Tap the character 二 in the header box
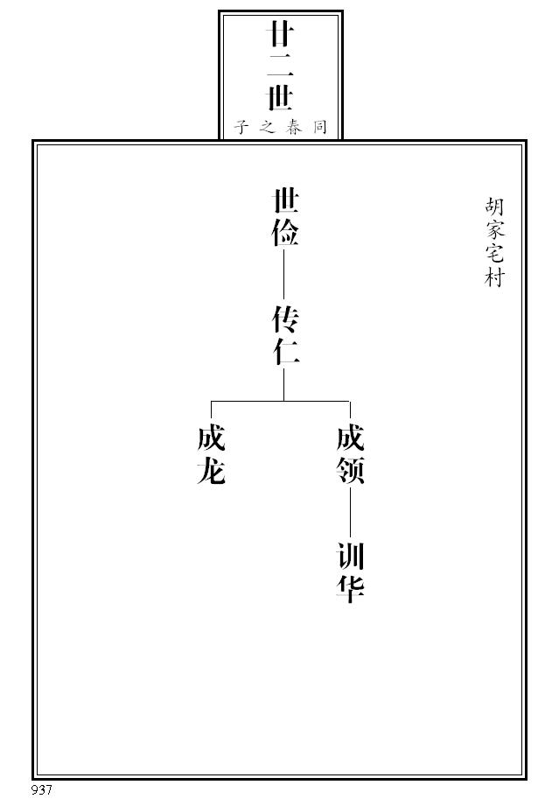(280, 66)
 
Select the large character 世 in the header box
(280, 96)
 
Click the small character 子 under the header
(241, 127)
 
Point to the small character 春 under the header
(294, 127)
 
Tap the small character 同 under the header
(320, 127)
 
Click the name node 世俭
(285, 219)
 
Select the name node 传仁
(285, 335)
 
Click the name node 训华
(350, 573)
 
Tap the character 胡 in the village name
(494, 208)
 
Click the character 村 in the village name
(494, 278)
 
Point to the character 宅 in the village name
(494, 256)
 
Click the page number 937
(42, 789)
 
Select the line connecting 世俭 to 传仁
(284, 277)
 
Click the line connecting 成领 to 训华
(350, 515)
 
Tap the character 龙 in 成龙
(212, 471)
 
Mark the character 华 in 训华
(350, 589)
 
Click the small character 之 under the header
(267, 127)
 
